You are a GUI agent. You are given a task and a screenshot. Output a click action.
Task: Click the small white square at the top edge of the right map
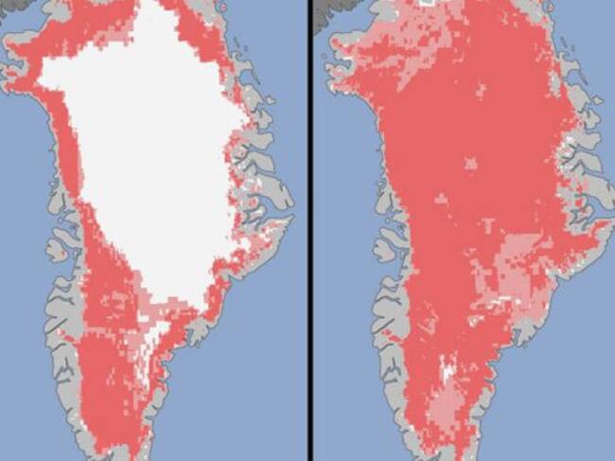click(429, 4)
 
